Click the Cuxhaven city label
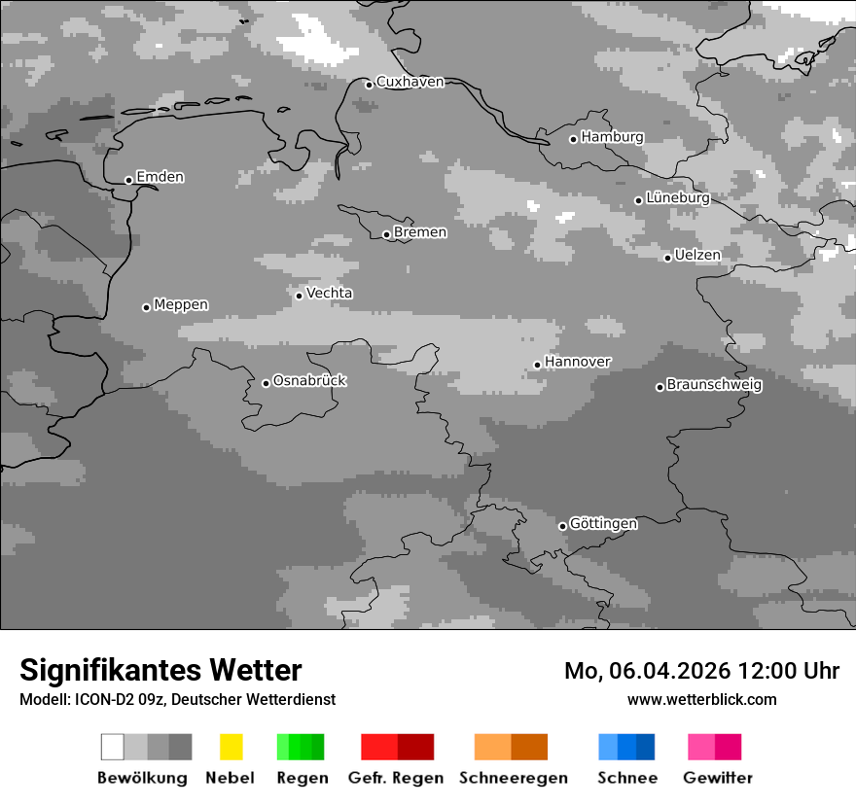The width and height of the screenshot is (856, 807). [410, 82]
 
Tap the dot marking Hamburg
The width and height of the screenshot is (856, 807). [574, 139]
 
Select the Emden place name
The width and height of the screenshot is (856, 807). [160, 177]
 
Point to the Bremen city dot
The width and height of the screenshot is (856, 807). [386, 234]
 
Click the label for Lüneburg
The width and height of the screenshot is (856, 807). [678, 198]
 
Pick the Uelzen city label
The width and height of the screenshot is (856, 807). [697, 255]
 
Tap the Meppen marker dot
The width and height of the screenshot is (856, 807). [146, 307]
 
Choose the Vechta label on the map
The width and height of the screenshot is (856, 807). [329, 293]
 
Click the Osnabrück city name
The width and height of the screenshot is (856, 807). [309, 380]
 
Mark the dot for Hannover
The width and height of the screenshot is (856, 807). [537, 366]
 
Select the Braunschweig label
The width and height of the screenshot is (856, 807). [714, 384]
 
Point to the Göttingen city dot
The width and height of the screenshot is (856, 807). [562, 526]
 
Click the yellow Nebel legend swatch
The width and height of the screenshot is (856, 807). [231, 747]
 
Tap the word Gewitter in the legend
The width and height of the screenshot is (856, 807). [718, 778]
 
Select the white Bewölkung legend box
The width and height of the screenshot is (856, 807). [113, 747]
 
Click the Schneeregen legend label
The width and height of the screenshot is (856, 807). [514, 778]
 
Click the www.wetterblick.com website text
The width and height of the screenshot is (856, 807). [702, 699]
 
